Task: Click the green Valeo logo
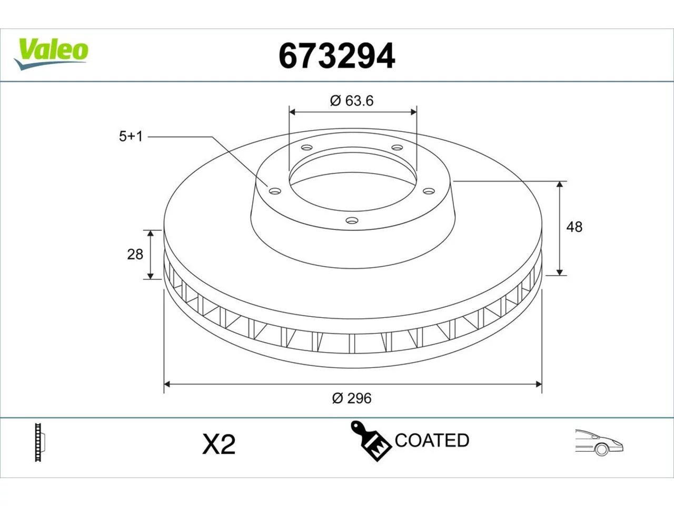click(x=51, y=53)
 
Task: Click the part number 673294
click(x=337, y=56)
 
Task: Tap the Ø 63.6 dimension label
click(x=352, y=101)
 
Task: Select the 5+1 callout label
click(x=131, y=137)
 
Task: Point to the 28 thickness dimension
click(x=135, y=255)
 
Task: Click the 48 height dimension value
click(x=574, y=227)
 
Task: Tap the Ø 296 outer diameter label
click(x=352, y=398)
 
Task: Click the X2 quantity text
click(x=219, y=444)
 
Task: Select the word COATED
click(x=432, y=440)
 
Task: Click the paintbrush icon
click(x=370, y=441)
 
